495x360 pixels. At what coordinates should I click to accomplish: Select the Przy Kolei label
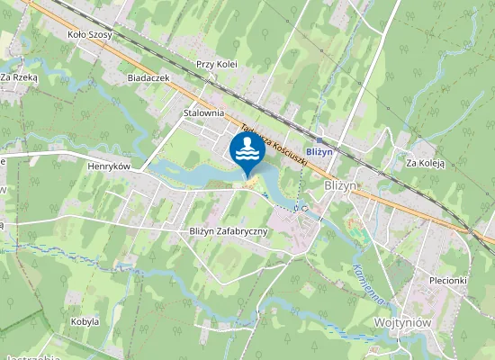(216, 65)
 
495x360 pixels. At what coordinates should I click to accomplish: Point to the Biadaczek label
(149, 78)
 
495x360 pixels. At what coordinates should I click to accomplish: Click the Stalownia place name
(203, 113)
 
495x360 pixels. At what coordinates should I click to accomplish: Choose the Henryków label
(110, 166)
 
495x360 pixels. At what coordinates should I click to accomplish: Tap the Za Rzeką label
(19, 77)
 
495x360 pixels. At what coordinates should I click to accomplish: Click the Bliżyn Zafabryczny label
(230, 231)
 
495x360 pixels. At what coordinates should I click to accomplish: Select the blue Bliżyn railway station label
(319, 152)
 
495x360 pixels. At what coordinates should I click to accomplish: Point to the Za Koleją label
(426, 164)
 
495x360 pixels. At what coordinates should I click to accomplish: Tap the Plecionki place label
(447, 280)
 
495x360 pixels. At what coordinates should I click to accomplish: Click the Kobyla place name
(85, 320)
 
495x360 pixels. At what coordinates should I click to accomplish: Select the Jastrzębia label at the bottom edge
(33, 356)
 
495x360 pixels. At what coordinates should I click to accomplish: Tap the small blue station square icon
(319, 140)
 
